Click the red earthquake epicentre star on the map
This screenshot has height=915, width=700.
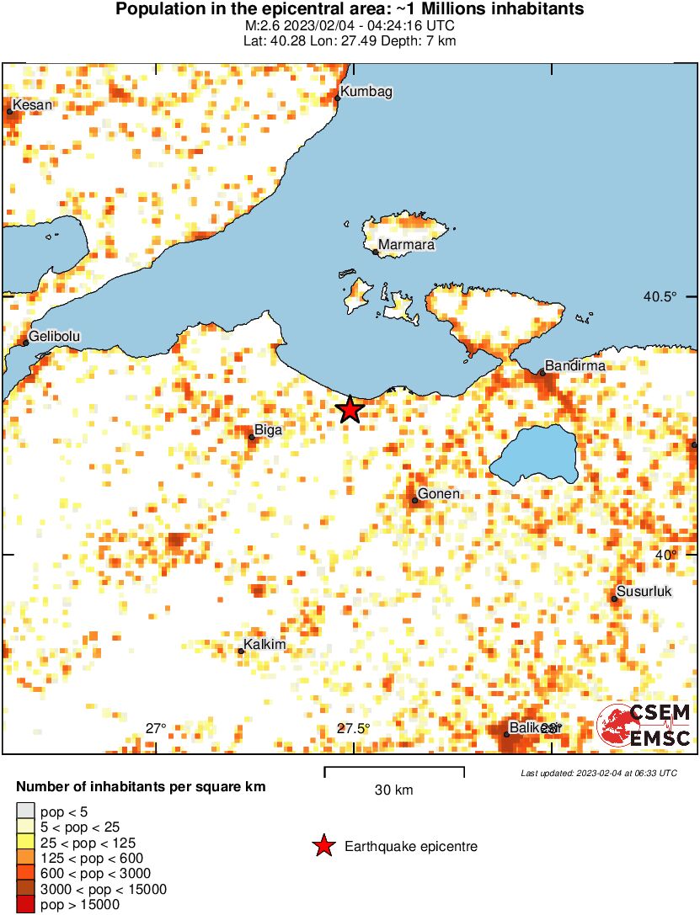click(350, 410)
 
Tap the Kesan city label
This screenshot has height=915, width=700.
click(32, 104)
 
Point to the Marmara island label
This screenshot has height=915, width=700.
click(406, 245)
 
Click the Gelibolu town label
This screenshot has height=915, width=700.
click(55, 336)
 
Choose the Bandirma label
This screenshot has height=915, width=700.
click(574, 366)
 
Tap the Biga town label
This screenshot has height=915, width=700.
click(268, 430)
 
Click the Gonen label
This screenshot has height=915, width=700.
click(439, 493)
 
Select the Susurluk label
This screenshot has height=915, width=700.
click(644, 591)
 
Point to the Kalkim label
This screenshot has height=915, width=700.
click(265, 645)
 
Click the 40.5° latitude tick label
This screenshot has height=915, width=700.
click(660, 296)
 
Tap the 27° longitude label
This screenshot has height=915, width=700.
click(156, 728)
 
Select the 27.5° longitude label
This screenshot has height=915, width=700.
click(352, 728)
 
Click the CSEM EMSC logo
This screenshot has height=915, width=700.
click(644, 725)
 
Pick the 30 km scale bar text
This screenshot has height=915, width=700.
click(394, 790)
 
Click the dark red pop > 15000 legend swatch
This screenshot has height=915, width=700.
click(25, 905)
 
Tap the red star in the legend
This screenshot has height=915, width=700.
click(323, 847)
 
